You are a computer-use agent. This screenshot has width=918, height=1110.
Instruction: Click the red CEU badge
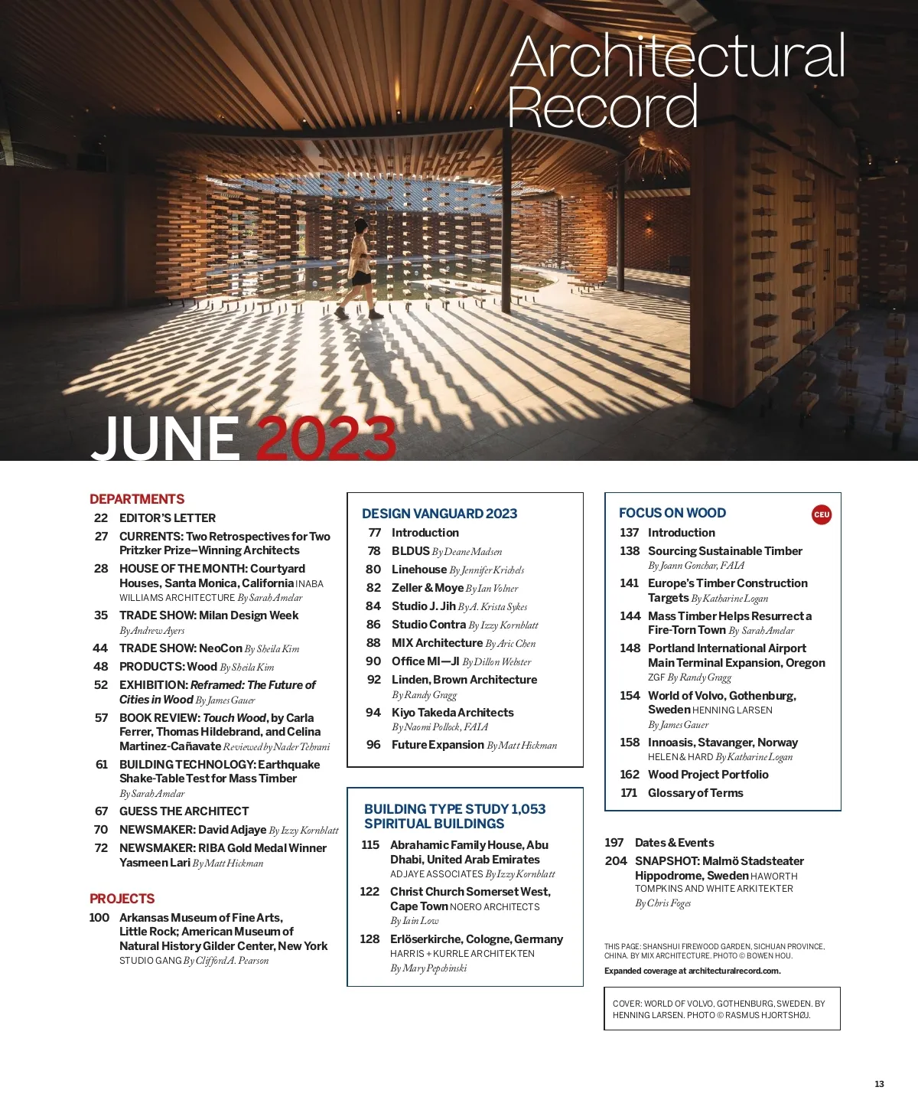pos(822,514)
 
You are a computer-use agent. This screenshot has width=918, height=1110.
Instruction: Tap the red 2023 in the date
pos(326,439)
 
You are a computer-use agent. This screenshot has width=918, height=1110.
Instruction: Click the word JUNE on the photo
pos(165,439)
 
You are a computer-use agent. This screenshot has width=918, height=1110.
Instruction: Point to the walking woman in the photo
pos(360,268)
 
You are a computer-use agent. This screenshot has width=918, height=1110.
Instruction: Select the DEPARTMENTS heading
pos(137,499)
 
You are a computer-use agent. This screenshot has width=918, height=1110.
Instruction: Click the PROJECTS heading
pos(122,899)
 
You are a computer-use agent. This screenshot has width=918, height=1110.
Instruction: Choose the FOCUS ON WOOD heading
pos(672,513)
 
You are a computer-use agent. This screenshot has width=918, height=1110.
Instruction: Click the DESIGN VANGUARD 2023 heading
pos(439,514)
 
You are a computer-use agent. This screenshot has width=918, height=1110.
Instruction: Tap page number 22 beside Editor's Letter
pos(101,518)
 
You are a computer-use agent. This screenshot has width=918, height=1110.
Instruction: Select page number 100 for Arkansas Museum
pos(99,918)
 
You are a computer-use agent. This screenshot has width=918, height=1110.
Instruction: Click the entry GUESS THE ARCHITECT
pos(184,811)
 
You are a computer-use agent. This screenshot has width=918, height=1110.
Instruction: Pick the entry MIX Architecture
pos(437,643)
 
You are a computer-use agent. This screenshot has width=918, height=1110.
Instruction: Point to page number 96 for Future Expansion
pos(373,745)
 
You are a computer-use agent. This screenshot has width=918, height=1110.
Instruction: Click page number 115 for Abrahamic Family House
pos(370,845)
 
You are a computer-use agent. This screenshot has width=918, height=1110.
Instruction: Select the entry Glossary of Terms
pos(695,793)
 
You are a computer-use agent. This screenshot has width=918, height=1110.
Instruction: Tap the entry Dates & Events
pos(674,843)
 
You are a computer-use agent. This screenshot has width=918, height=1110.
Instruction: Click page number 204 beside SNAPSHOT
pos(616,861)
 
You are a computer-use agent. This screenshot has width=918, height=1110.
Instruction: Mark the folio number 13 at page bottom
pos(879,1084)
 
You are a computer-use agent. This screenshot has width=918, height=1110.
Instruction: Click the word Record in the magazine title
pos(603,107)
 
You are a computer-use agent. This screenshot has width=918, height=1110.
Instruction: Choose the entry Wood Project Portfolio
pos(708,775)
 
